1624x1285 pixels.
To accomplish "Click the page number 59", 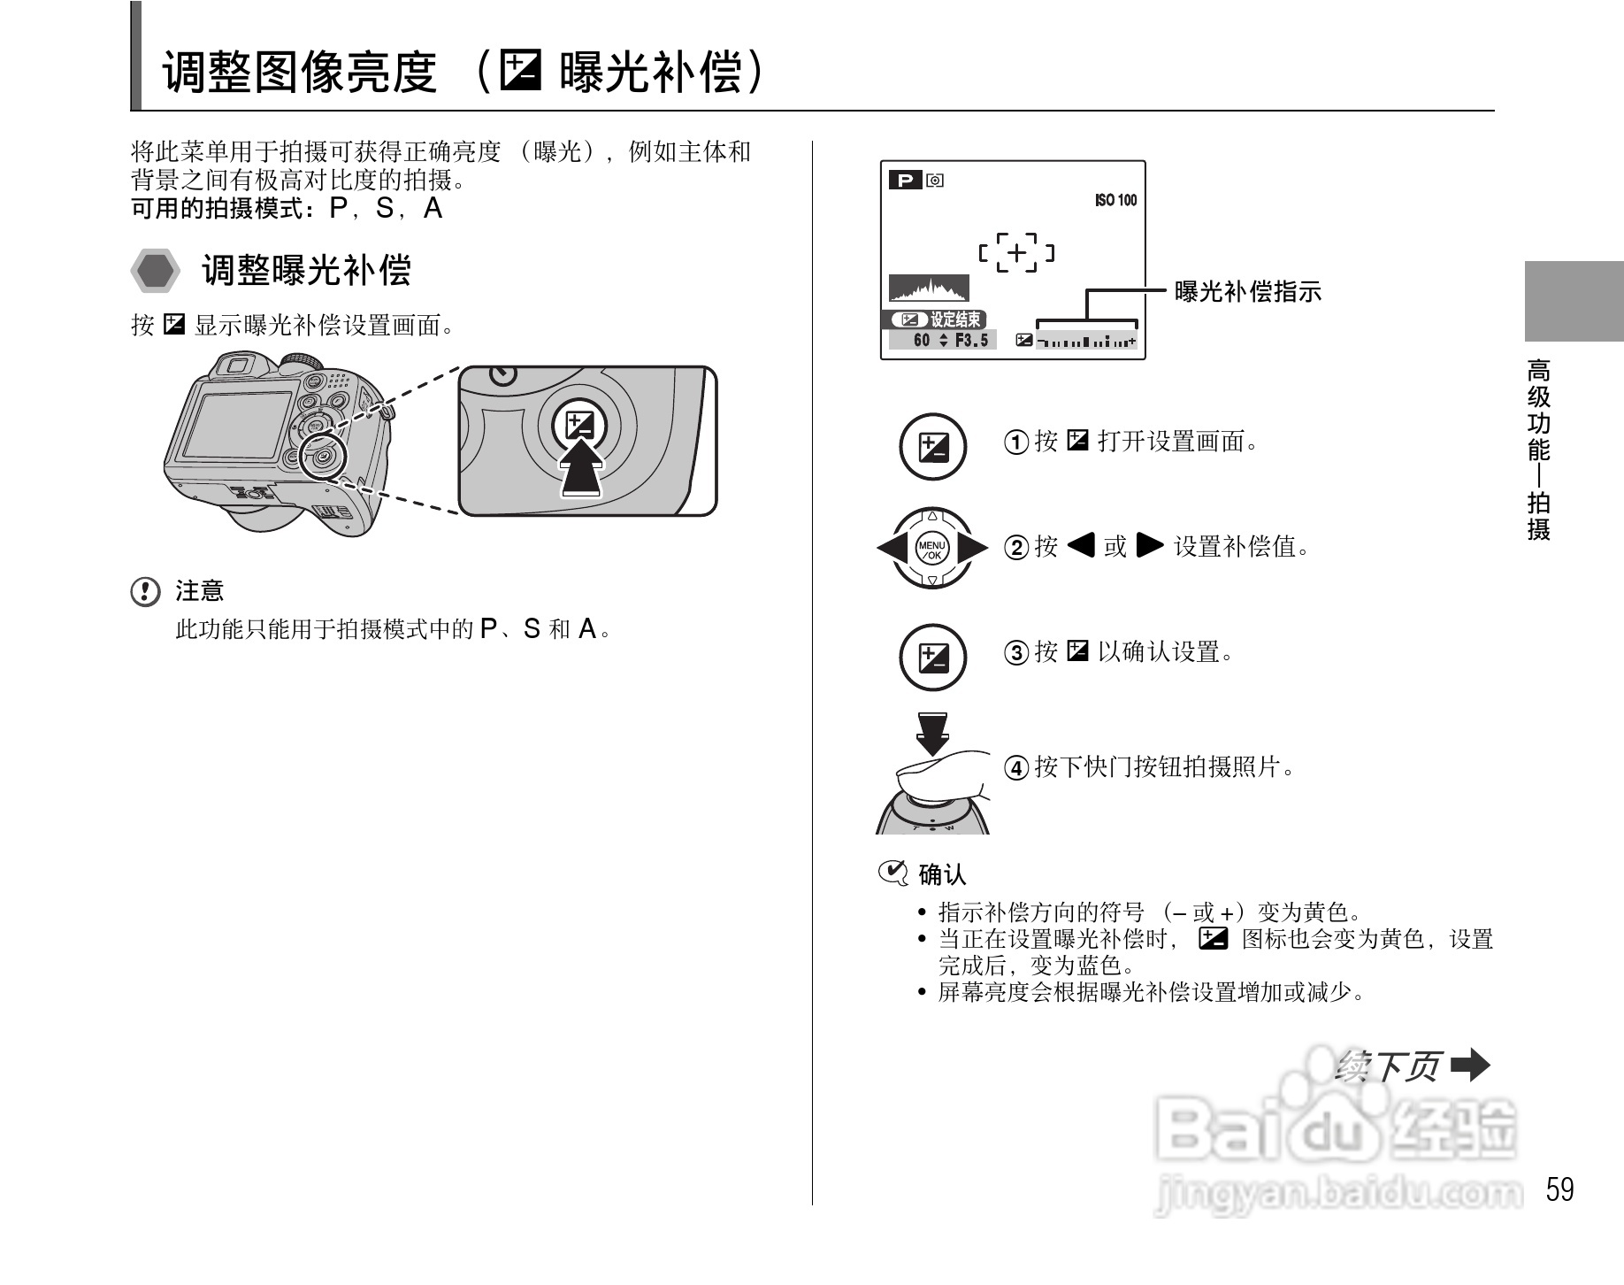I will pos(1559,1189).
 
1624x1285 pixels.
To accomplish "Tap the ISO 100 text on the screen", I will pos(1115,201).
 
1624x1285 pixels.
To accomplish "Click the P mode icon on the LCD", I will pos(905,181).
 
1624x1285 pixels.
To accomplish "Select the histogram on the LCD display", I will pos(929,289).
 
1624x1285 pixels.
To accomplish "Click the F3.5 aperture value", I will pos(971,341).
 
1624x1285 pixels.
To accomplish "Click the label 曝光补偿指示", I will pos(1247,291).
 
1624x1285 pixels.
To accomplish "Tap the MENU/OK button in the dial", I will pos(932,549).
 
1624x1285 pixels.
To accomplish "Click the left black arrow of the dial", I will pos(892,548).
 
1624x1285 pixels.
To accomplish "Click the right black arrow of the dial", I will pos(973,548).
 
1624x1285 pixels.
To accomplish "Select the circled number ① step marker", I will pos(1015,442).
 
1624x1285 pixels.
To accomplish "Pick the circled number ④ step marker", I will pos(1015,767).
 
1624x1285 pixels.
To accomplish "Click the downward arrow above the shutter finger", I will pos(932,733).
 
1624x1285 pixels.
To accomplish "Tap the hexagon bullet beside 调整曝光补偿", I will pos(156,271).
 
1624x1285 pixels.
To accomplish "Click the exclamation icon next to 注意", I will pos(145,591).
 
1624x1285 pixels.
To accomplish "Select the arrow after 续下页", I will pos(1471,1066).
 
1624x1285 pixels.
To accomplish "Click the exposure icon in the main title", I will pos(519,72).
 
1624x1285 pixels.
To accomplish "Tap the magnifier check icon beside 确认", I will pos(892,873).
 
